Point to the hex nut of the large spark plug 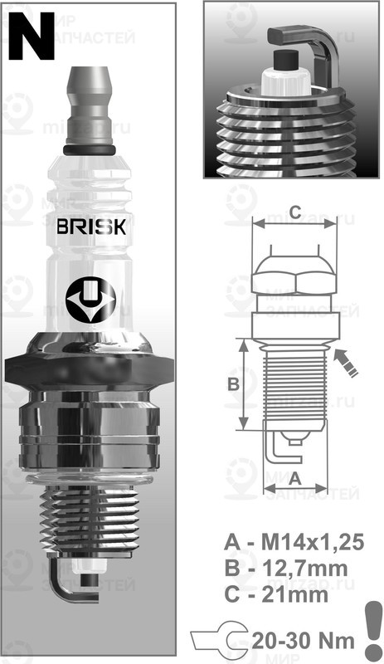[x=91, y=369]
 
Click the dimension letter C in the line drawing [x=294, y=209]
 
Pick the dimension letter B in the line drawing [x=233, y=383]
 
